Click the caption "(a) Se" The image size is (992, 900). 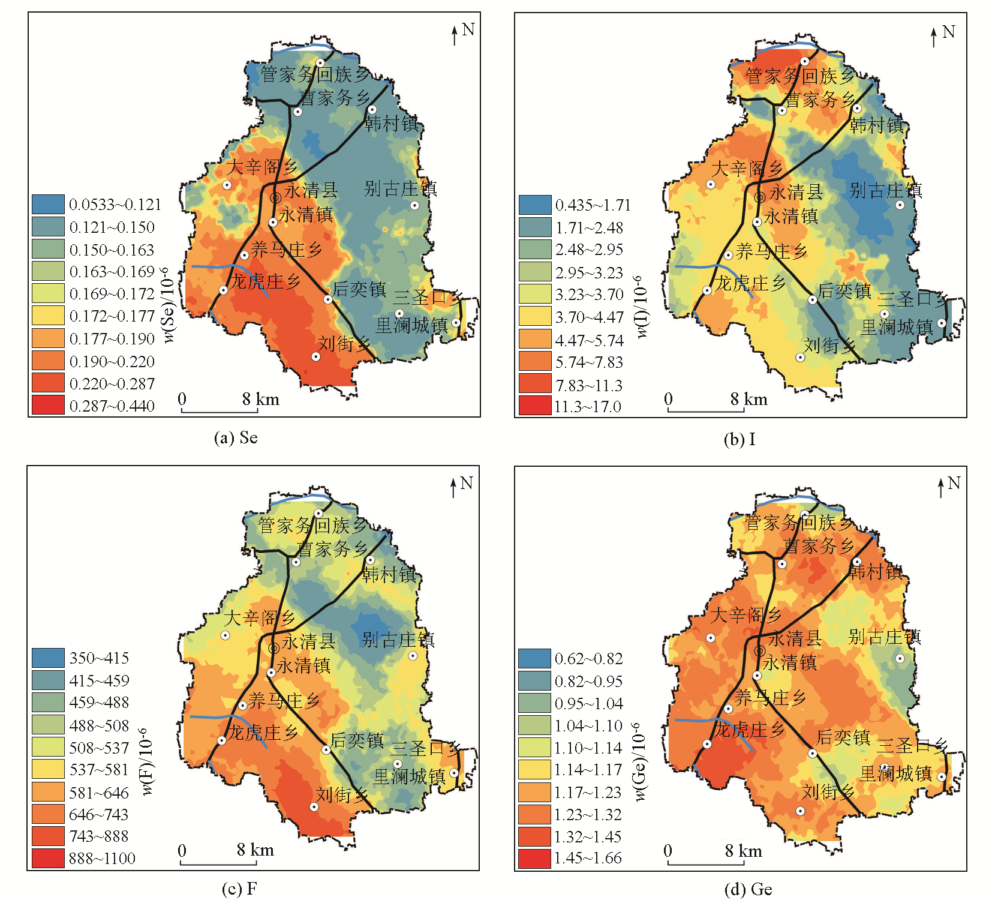click(236, 437)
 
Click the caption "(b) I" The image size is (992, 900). click(739, 439)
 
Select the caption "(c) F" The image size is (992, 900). click(239, 889)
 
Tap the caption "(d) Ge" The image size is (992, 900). click(748, 889)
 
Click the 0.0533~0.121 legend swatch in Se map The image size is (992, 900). click(48, 205)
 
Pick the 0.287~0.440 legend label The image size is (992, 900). click(112, 406)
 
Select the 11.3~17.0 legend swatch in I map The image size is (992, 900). click(535, 406)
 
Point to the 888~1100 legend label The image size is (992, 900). click(102, 859)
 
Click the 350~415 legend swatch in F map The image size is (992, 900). click(48, 658)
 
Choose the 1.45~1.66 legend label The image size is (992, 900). click(588, 858)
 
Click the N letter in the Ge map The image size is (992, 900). click(954, 483)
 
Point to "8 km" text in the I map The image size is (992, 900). click(748, 400)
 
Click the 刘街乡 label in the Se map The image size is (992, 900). click(344, 344)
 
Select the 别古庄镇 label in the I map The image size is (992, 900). click(885, 191)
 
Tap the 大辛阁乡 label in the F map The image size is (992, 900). click(260, 617)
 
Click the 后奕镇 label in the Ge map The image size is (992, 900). click(843, 737)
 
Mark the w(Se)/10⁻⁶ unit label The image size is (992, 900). click(169, 305)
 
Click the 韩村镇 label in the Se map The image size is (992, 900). click(392, 124)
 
